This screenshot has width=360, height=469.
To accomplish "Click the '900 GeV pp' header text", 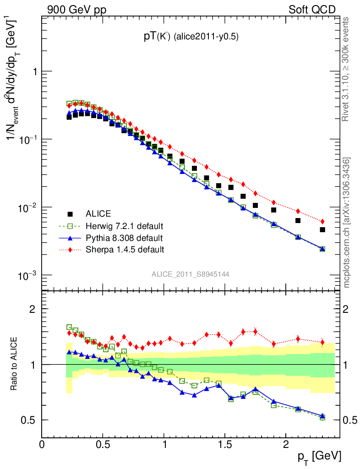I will (76, 9).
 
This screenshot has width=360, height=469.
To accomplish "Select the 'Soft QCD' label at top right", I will (312, 9).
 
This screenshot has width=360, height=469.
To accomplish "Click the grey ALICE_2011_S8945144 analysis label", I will (191, 274).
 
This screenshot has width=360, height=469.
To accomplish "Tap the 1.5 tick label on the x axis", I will (224, 444).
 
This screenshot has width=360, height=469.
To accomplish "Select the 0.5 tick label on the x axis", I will (103, 444).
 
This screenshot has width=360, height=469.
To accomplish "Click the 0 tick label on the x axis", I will (42, 444).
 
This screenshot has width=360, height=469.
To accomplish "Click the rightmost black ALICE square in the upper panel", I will (322, 229).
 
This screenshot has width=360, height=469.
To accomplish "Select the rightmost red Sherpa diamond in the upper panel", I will (322, 222).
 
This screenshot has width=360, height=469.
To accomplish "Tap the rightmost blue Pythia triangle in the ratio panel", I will (322, 416).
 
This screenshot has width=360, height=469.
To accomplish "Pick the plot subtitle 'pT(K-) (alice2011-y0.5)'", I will (190, 37).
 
